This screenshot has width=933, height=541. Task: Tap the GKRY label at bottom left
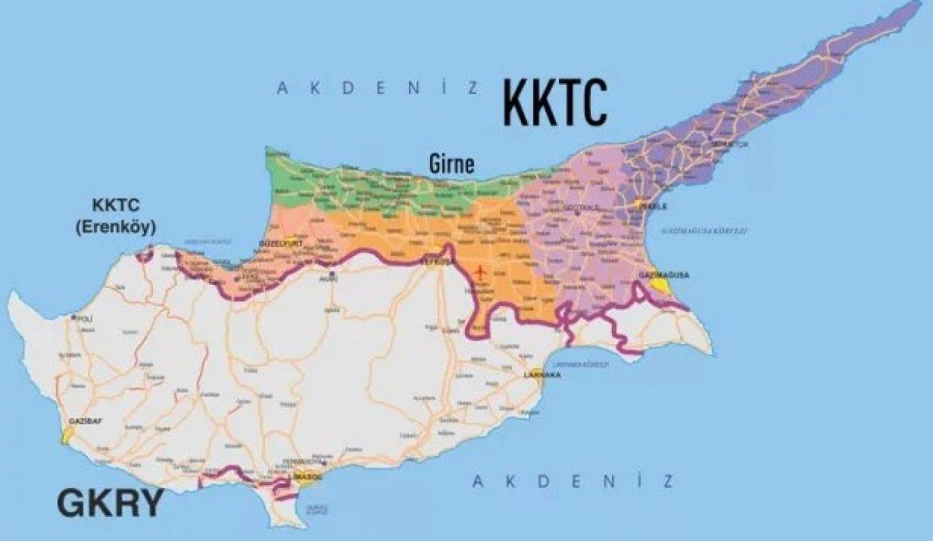(110, 504)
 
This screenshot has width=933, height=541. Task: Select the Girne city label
(451, 164)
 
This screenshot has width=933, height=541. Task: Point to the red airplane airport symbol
(479, 272)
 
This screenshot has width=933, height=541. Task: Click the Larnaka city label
(543, 375)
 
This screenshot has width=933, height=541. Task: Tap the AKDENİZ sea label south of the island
(573, 482)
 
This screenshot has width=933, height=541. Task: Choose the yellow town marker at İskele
(639, 204)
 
